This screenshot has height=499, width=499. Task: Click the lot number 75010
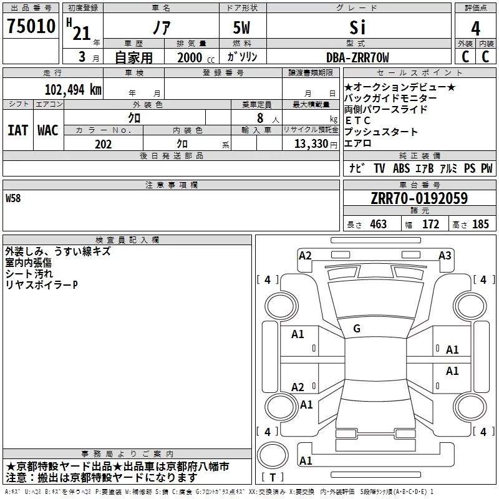click(x=31, y=26)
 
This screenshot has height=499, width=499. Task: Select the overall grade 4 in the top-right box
click(x=475, y=28)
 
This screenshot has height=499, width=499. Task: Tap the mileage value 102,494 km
click(x=73, y=89)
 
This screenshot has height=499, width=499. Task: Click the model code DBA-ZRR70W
click(x=357, y=57)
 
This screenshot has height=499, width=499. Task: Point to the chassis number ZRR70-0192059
click(x=419, y=198)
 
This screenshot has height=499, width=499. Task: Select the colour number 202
click(x=103, y=144)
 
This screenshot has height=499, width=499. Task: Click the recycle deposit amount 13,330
click(x=311, y=144)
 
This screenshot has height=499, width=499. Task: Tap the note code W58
click(x=13, y=198)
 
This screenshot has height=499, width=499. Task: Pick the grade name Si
click(x=357, y=27)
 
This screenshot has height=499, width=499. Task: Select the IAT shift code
click(x=17, y=130)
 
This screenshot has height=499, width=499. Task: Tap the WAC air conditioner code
click(x=48, y=130)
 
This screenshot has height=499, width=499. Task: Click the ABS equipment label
click(x=401, y=168)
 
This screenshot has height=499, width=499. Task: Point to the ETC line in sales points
click(x=357, y=120)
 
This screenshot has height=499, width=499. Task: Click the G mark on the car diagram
click(x=357, y=329)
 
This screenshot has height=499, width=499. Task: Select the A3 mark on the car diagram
click(x=445, y=256)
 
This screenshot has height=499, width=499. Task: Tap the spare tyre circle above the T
click(x=273, y=455)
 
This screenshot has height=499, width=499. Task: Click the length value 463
click(x=378, y=224)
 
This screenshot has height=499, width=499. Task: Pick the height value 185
click(x=480, y=224)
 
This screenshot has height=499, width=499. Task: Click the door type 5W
click(x=241, y=27)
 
